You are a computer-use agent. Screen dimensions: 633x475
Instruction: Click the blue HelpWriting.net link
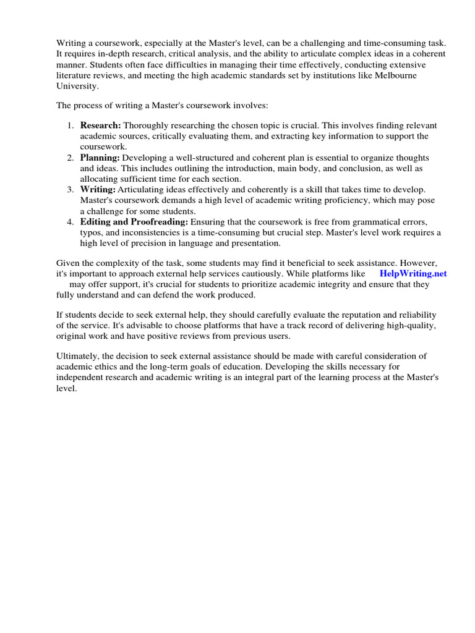click(413, 273)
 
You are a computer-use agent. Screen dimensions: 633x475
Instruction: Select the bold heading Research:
click(100, 125)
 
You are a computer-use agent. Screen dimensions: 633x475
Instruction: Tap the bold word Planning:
click(100, 158)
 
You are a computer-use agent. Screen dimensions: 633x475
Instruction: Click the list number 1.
click(70, 125)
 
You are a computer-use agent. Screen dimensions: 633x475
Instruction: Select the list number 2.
click(70, 158)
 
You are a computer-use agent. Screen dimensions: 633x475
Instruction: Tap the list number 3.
click(70, 189)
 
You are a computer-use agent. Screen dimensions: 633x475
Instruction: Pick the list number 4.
click(70, 221)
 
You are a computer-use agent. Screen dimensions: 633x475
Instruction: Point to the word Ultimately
click(79, 356)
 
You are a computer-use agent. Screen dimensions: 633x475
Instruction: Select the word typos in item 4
click(91, 232)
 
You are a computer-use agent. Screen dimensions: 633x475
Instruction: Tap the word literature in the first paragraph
click(76, 75)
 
